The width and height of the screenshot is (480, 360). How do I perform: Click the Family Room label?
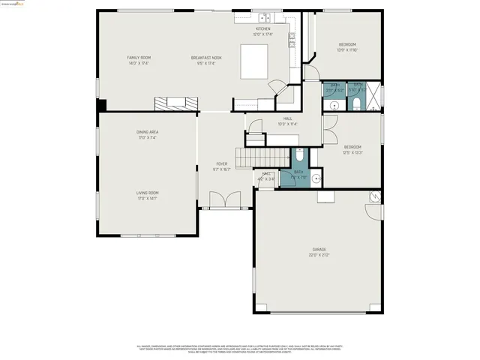pos(139,57)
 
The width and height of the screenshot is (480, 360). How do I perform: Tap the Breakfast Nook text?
pos(206,57)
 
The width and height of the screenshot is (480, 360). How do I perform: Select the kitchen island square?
pos(253,61)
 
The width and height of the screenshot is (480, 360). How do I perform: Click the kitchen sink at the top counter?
pos(264,17)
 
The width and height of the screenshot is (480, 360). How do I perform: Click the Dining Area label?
pos(147,132)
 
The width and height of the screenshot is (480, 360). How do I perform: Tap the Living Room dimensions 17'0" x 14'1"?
pos(147,199)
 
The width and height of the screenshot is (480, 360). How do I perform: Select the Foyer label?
pos(222,163)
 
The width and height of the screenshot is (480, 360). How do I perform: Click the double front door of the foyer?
pos(223,200)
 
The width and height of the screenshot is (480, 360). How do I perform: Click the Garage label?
pos(319,249)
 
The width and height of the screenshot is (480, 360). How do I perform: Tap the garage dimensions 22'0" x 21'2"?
pos(319,255)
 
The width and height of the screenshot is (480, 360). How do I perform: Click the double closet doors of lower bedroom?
pos(328,133)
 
